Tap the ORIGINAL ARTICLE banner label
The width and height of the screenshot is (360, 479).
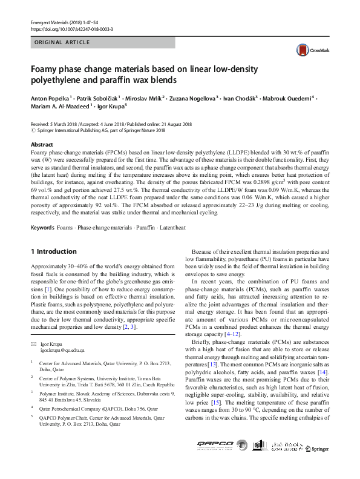click(x=63, y=42)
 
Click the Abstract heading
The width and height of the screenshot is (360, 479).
click(x=42, y=145)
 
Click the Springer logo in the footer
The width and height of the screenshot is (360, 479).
click(x=318, y=465)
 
